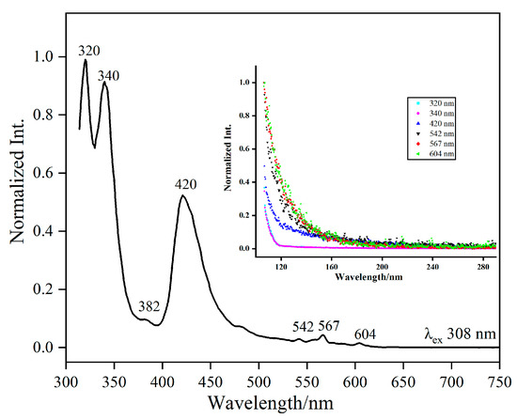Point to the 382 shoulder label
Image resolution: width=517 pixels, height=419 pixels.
149,307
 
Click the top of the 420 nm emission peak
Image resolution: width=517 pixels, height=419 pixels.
182,196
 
